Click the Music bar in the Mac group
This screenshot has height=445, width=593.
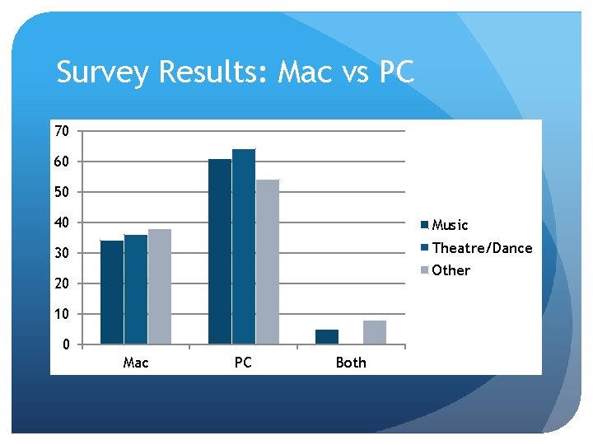tap(112, 292)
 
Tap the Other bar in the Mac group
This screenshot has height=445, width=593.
tap(160, 286)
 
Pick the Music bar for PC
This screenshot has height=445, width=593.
tap(220, 251)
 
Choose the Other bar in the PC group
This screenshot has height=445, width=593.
tap(268, 261)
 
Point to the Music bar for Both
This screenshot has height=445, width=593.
tap(327, 336)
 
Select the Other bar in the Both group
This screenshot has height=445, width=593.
tap(375, 332)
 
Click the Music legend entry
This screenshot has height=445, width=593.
tap(450, 225)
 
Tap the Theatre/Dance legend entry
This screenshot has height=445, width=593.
tap(482, 248)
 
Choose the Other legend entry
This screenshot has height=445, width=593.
tap(451, 270)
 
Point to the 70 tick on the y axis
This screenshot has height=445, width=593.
tap(62, 131)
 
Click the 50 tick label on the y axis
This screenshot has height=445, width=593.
tap(62, 192)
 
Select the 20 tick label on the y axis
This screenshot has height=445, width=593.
tap(62, 283)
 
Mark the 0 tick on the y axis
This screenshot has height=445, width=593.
tap(66, 344)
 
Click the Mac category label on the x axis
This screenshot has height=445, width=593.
tap(136, 363)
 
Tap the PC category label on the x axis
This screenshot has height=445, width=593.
tap(243, 363)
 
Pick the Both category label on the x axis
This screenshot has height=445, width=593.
tap(351, 363)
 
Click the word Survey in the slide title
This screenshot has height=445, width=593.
tap(103, 73)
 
